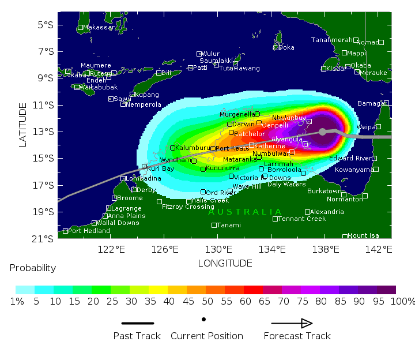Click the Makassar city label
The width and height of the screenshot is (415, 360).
point(99,27)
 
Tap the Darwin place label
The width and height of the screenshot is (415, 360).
point(243,124)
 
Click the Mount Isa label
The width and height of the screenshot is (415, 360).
point(363,235)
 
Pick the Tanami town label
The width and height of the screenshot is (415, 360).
point(229,225)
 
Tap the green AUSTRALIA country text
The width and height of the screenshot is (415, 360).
point(245,212)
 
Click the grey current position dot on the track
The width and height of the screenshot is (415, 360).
point(322,132)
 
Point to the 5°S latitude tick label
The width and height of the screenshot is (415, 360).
point(46,25)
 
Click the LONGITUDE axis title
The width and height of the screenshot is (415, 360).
point(225,263)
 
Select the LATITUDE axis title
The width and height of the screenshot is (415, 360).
point(23,125)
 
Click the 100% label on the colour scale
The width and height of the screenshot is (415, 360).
point(403,302)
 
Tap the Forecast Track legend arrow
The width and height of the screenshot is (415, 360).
point(292,324)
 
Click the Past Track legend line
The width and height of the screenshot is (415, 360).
point(138,324)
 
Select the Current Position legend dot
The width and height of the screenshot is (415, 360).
point(203,319)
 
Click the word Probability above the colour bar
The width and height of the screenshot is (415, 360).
point(33,268)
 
